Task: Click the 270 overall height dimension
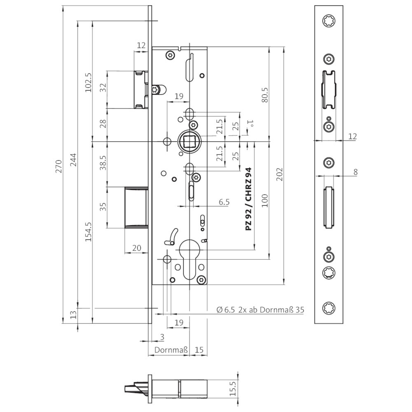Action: click(x=59, y=166)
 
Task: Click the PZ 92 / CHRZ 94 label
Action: click(x=248, y=199)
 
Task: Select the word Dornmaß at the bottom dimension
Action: click(x=171, y=350)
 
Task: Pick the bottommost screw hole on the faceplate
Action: click(x=328, y=307)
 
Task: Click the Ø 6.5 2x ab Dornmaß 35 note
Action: click(x=260, y=310)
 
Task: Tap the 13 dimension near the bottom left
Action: click(x=74, y=316)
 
